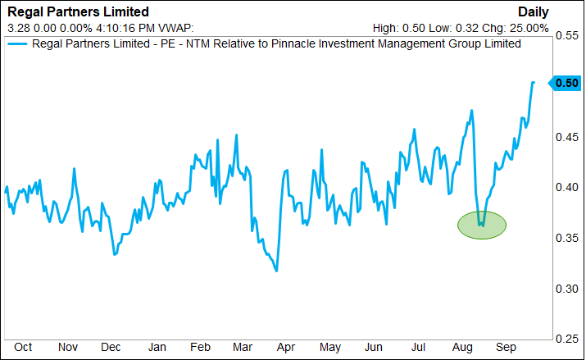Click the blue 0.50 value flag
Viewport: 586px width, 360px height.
point(566,83)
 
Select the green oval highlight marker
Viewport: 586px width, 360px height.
point(482,224)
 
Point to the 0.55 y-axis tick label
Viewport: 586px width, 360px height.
point(566,37)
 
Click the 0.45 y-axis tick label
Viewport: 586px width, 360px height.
point(566,138)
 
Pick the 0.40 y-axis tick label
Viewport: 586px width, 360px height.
point(566,188)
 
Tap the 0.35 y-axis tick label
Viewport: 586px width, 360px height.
point(566,238)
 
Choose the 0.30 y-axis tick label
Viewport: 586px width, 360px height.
point(566,289)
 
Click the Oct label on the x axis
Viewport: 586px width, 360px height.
point(23,347)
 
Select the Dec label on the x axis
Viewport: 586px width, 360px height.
point(111,347)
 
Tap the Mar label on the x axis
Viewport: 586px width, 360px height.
point(241,347)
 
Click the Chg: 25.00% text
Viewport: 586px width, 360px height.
point(520,26)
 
